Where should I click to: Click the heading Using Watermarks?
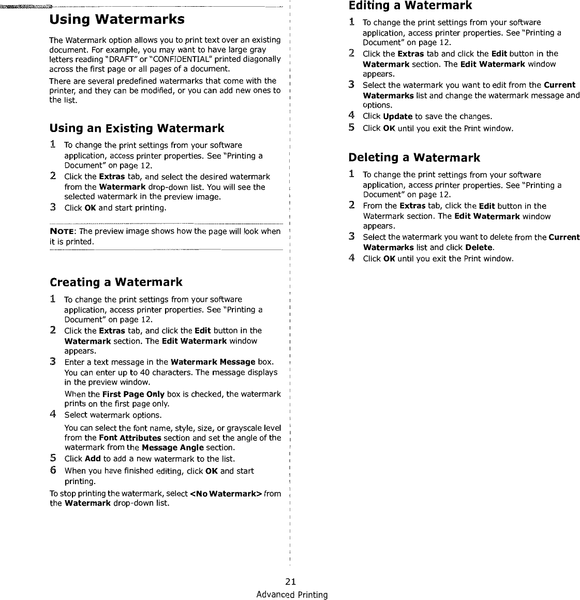(116, 20)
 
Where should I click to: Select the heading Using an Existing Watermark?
(137, 128)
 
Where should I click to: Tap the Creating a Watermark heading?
(116, 282)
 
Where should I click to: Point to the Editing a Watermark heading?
(410, 6)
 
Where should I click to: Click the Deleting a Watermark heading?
(414, 157)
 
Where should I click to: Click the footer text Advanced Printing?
(292, 594)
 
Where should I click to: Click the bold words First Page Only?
(133, 394)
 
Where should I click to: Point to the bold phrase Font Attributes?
(130, 438)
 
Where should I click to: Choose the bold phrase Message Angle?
(172, 447)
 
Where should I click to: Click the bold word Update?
(397, 116)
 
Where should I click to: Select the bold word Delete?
(479, 247)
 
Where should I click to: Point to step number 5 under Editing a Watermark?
(351, 127)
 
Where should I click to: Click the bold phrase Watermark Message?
(213, 362)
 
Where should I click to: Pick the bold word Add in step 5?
(93, 459)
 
